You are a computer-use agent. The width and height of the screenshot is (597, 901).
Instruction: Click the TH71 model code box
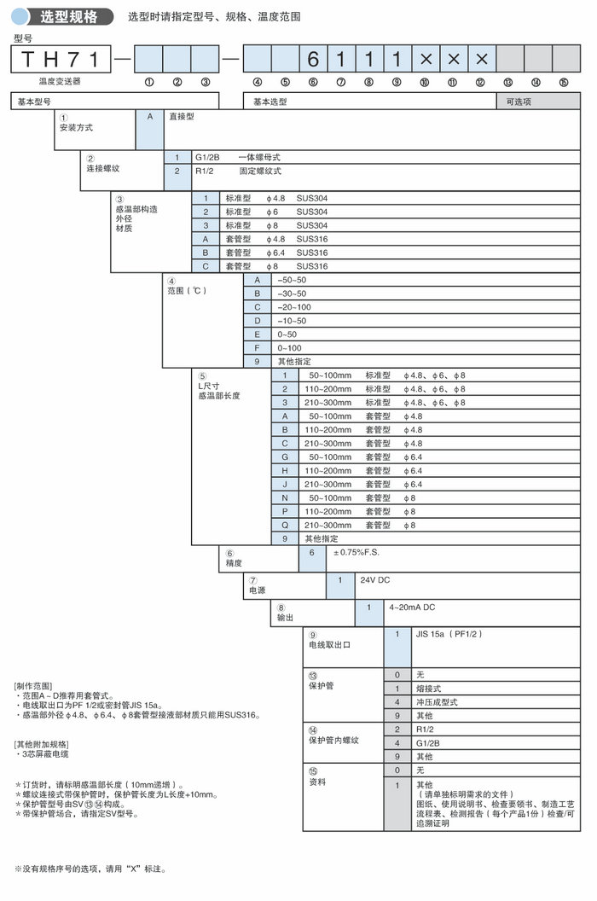pyautogui.click(x=61, y=59)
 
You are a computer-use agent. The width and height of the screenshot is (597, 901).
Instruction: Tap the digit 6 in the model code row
pyautogui.click(x=313, y=59)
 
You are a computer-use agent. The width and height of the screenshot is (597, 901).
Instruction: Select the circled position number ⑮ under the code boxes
pyautogui.click(x=564, y=84)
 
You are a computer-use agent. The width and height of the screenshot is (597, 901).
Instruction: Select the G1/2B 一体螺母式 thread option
pyautogui.click(x=238, y=157)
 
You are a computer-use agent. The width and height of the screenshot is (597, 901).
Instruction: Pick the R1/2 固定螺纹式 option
pyautogui.click(x=236, y=171)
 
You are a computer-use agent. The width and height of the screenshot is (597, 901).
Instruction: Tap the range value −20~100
pyautogui.click(x=294, y=307)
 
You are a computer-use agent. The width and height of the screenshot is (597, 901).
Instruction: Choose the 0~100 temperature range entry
pyautogui.click(x=290, y=348)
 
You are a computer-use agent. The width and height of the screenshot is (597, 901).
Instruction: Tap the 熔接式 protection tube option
pyautogui.click(x=430, y=688)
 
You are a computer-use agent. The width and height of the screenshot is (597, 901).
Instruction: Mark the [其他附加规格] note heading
pyautogui.click(x=42, y=744)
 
